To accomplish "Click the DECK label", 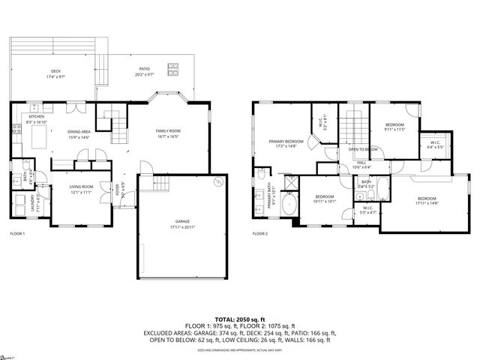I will (x=55, y=71).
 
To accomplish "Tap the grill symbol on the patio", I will (x=174, y=70).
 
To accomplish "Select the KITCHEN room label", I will (x=37, y=117).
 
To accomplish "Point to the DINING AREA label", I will (x=79, y=132).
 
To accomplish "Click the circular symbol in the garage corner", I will (x=218, y=181).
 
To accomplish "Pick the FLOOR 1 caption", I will (x=18, y=234).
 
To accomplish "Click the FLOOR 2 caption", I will (x=260, y=234).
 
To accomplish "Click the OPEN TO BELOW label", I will (x=364, y=150).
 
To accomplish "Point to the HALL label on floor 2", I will (x=361, y=162).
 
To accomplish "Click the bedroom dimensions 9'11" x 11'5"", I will (x=394, y=130).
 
